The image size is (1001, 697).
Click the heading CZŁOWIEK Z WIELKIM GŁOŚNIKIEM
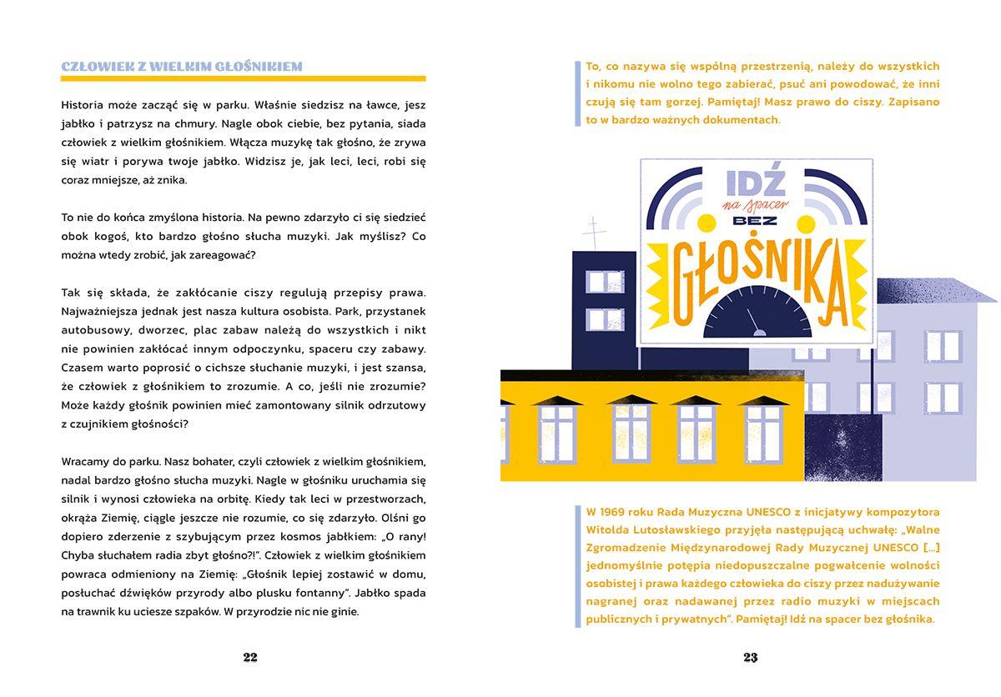point(182,66)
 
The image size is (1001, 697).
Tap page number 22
point(250,657)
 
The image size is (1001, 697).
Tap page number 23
point(750,657)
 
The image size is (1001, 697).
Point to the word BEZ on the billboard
point(756,222)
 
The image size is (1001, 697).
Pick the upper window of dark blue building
point(605,282)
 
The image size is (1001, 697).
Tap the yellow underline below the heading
point(243,78)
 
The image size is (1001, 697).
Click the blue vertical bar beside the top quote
point(577,93)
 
